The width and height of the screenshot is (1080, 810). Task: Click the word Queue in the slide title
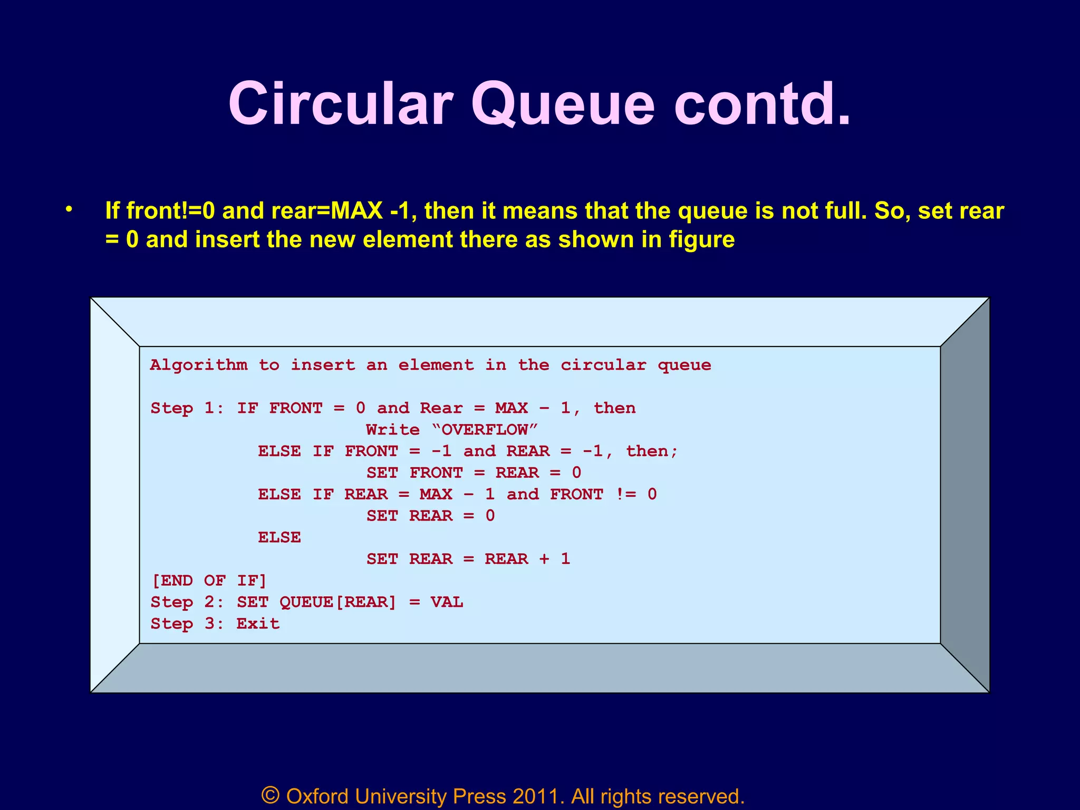(563, 104)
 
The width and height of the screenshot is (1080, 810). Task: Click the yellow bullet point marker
(68, 210)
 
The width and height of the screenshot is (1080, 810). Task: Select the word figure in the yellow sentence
(701, 240)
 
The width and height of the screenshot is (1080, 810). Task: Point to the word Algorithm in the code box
(198, 365)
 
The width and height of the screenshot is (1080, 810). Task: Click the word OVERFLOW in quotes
(484, 430)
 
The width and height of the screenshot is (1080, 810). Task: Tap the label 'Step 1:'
(187, 408)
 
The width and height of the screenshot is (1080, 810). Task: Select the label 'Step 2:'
(187, 602)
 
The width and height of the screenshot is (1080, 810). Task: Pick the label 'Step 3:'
(187, 624)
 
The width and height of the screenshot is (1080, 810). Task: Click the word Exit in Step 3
(258, 624)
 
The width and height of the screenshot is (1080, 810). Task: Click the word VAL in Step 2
(447, 602)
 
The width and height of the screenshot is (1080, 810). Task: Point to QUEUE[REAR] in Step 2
(337, 602)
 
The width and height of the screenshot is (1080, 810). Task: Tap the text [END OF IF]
(209, 581)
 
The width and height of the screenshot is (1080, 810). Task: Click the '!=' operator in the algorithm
(626, 495)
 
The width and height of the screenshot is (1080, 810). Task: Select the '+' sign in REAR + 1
(544, 559)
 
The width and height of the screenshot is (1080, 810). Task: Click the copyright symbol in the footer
(270, 795)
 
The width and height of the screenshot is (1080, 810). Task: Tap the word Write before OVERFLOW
(393, 430)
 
